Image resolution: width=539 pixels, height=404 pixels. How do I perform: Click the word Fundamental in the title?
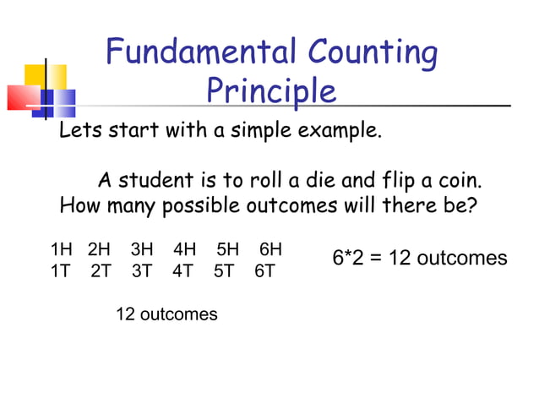pyautogui.click(x=199, y=53)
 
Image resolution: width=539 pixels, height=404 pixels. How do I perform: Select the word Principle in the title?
pyautogui.click(x=271, y=91)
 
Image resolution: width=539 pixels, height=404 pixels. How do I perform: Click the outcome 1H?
pyautogui.click(x=62, y=249)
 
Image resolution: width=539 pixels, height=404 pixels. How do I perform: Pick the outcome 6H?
pyautogui.click(x=270, y=249)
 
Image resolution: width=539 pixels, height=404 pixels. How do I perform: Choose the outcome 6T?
pyautogui.click(x=264, y=272)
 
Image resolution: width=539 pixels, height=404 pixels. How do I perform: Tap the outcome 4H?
pyautogui.click(x=185, y=249)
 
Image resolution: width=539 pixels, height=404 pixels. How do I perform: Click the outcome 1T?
pyautogui.click(x=62, y=272)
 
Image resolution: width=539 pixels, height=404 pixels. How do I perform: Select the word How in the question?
pyautogui.click(x=80, y=205)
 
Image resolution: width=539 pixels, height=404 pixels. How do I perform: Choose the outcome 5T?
pyautogui.click(x=224, y=272)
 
